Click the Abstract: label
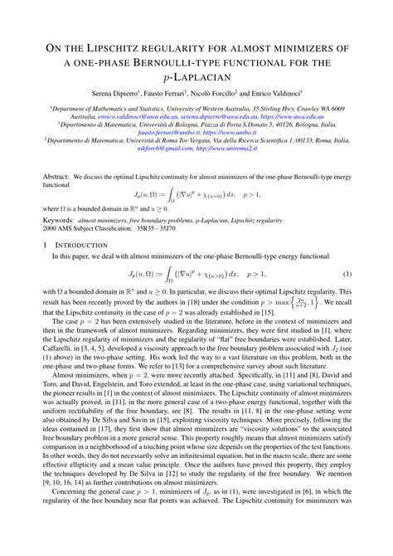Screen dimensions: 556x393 (x=55, y=178)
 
